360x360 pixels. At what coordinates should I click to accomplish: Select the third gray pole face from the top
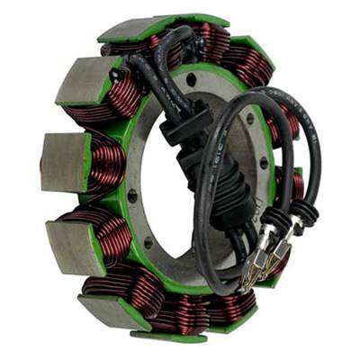(66, 162)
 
